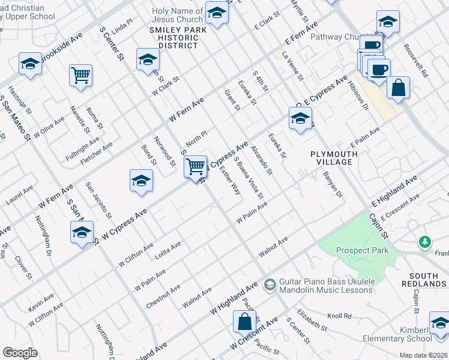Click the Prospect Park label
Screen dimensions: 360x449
(x=362, y=250)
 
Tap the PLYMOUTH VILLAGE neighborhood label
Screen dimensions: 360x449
(x=334, y=158)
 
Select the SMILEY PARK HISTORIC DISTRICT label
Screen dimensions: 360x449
(x=175, y=37)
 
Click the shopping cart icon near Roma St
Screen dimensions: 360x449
(x=80, y=76)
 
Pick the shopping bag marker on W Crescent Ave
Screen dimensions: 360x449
(x=245, y=322)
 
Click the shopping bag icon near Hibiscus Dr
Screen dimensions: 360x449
(x=398, y=88)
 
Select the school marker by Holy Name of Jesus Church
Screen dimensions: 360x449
(x=217, y=12)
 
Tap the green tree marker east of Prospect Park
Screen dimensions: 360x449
(x=425, y=242)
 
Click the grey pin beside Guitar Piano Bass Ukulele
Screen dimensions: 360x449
(x=270, y=283)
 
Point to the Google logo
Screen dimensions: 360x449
(x=20, y=353)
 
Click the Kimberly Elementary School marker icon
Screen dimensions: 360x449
(x=441, y=323)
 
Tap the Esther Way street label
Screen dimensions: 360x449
(x=231, y=180)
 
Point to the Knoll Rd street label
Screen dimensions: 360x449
(x=339, y=316)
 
